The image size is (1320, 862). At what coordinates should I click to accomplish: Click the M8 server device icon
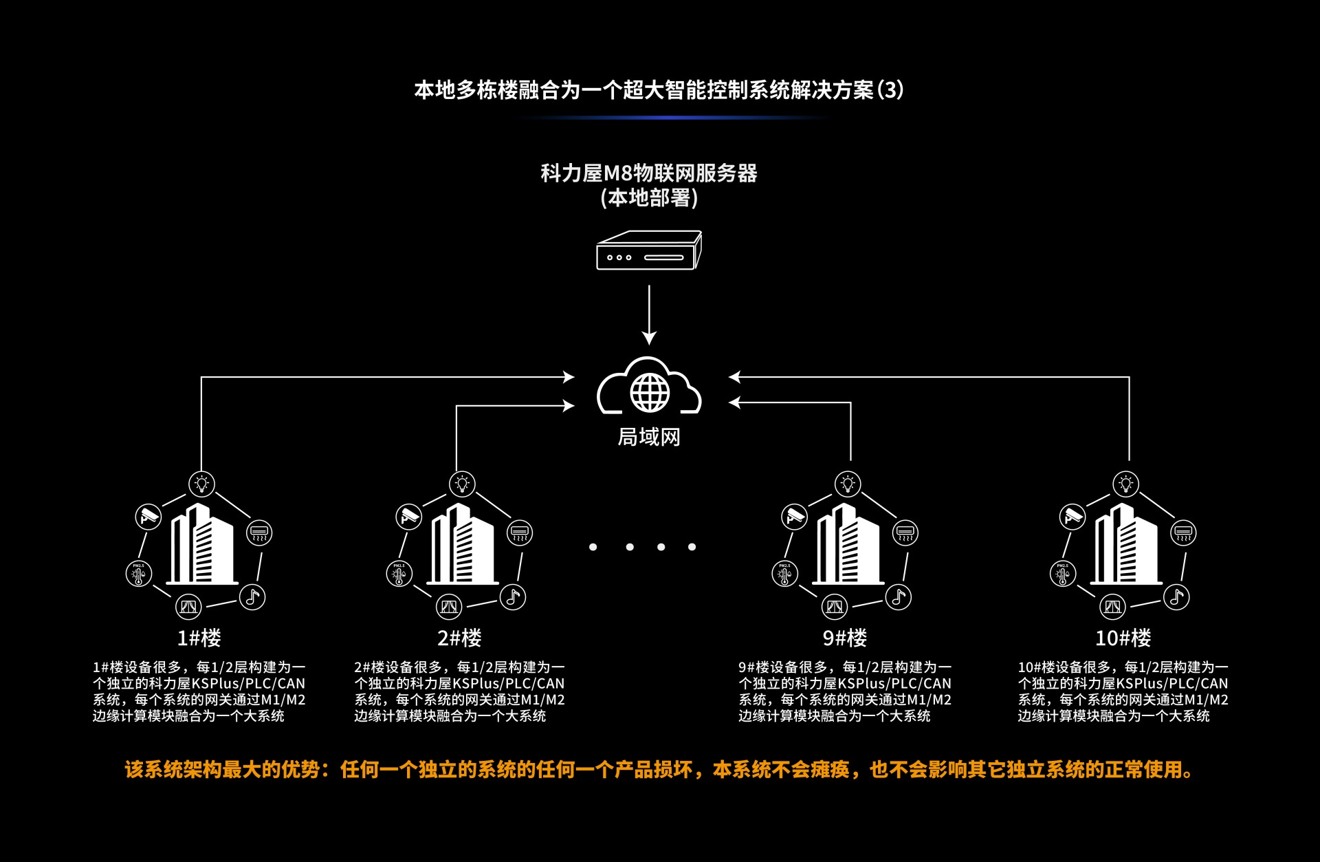(649, 250)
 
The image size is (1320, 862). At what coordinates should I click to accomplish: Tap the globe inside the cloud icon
(650, 392)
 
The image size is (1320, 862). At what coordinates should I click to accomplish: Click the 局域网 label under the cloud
(649, 437)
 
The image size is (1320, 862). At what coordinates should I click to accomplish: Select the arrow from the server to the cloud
(649, 315)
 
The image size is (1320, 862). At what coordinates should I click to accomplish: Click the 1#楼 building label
(199, 638)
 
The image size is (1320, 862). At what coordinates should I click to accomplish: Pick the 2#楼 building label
(460, 638)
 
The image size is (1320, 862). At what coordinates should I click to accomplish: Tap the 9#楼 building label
(845, 638)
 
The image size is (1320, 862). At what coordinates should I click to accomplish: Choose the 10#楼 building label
(1123, 638)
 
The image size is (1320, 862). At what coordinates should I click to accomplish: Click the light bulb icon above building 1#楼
(201, 484)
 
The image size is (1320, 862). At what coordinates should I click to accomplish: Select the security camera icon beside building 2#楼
(409, 516)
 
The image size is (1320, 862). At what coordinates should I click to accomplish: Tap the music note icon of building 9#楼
(899, 596)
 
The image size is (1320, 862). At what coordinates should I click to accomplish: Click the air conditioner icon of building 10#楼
(1183, 532)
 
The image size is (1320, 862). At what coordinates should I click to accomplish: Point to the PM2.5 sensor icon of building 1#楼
(139, 573)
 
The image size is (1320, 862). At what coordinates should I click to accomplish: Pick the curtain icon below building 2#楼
(449, 606)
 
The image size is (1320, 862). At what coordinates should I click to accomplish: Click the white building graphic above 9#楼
(848, 543)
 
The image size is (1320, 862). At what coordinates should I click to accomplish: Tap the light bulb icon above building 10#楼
(1125, 484)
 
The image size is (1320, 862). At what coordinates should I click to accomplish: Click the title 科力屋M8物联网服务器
(649, 173)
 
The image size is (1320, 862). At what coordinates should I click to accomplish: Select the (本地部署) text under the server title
(649, 198)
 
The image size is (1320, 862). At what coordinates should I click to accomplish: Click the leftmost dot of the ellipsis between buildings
(593, 547)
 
